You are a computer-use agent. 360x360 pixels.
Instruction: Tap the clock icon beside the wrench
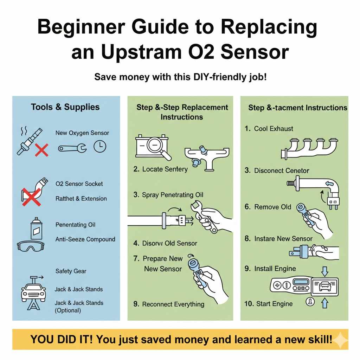pyautogui.click(x=99, y=147)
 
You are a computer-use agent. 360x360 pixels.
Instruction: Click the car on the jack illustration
pyautogui.click(x=33, y=291)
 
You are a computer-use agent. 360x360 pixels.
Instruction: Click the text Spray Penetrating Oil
pyautogui.click(x=168, y=195)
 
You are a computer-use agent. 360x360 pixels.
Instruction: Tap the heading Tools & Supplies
pyautogui.click(x=65, y=107)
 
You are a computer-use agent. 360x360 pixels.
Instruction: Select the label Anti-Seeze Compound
pyautogui.click(x=85, y=239)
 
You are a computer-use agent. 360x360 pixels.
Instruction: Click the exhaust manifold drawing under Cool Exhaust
pyautogui.click(x=309, y=148)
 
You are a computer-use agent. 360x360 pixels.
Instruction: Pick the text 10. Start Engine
pyautogui.click(x=269, y=303)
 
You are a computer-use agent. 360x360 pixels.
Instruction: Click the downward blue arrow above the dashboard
pyautogui.click(x=324, y=271)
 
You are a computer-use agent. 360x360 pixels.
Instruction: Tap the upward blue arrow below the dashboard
pyautogui.click(x=324, y=302)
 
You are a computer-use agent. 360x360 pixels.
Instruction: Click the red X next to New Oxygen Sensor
pyautogui.click(x=41, y=151)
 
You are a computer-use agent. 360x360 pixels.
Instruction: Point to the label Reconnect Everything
pyautogui.click(x=169, y=304)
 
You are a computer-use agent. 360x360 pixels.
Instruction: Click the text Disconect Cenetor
pyautogui.click(x=277, y=171)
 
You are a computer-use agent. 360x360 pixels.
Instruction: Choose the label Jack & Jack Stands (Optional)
pyautogui.click(x=79, y=307)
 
